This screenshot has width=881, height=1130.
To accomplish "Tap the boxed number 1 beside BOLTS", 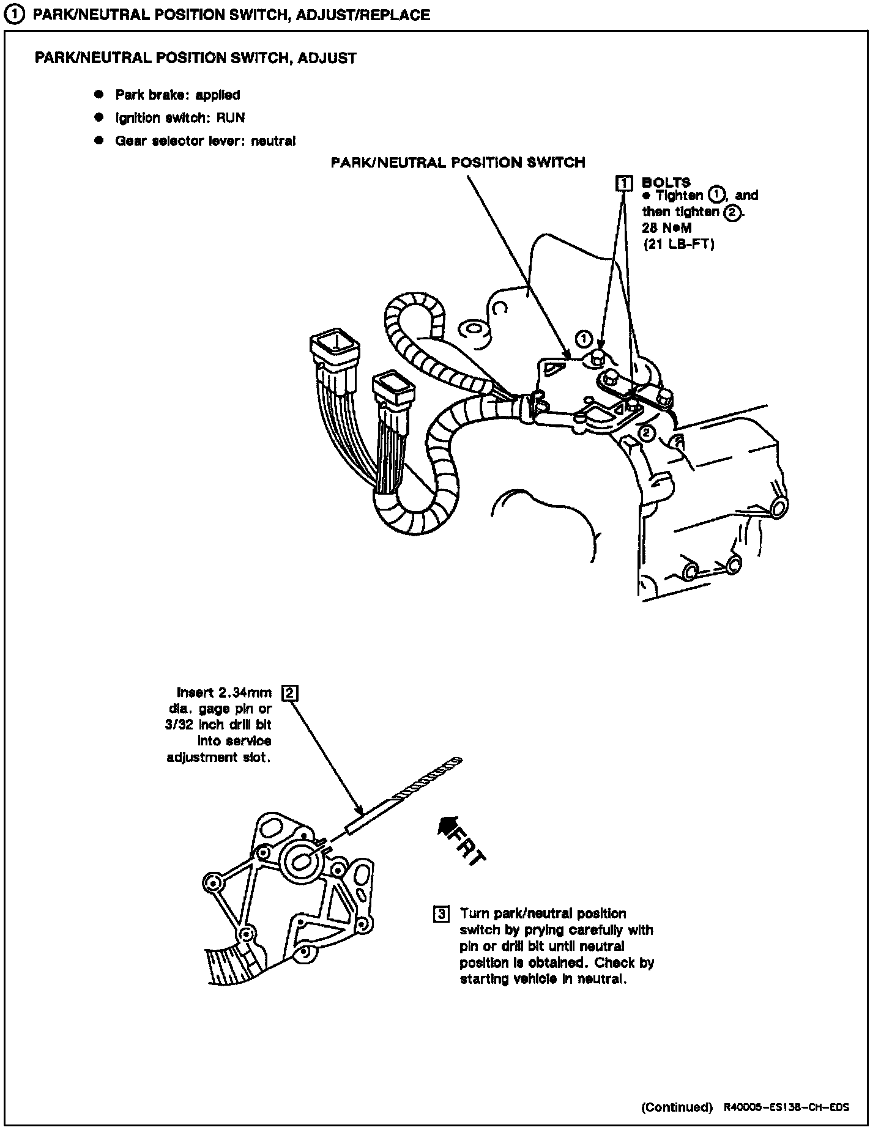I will tap(623, 182).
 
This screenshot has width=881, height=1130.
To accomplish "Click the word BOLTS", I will tap(666, 182).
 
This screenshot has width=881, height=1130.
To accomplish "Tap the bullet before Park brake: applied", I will tap(98, 95).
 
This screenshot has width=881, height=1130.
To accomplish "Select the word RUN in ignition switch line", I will tap(231, 118).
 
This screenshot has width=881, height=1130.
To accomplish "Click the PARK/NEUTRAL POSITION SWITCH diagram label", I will tap(458, 163).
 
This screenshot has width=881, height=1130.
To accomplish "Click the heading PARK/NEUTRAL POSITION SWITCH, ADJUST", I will tap(196, 58).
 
